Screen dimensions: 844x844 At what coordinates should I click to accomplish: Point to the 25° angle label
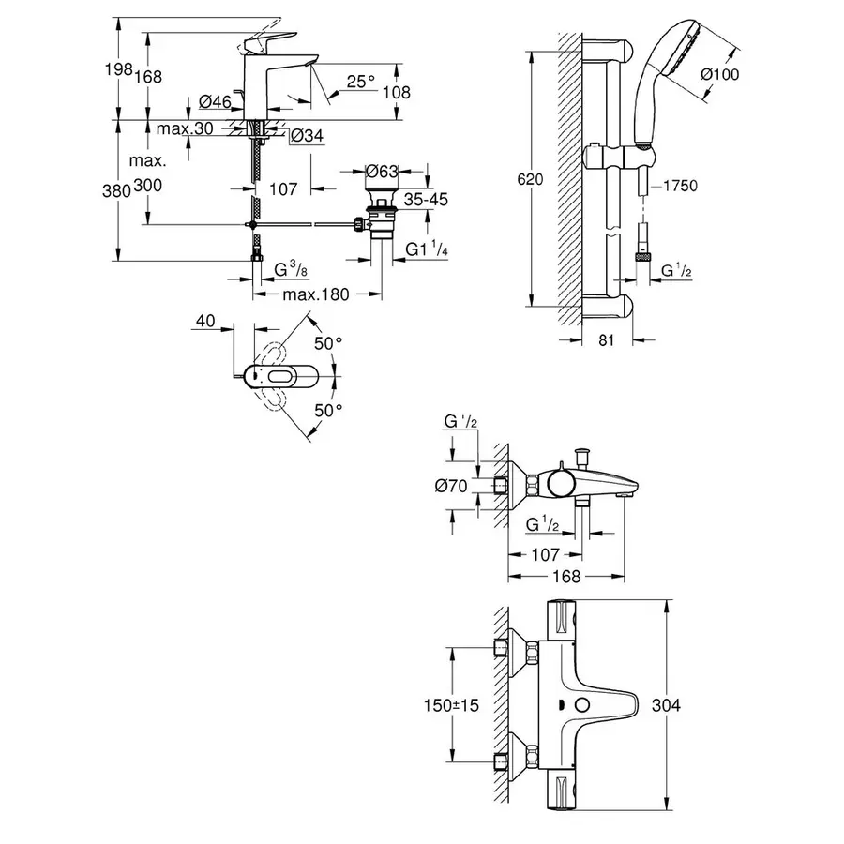pos(361,83)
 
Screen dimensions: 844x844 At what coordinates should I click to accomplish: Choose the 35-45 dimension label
pos(426,199)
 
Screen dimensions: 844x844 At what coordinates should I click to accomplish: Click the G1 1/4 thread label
pos(426,249)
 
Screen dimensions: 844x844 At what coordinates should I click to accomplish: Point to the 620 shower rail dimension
pos(533,180)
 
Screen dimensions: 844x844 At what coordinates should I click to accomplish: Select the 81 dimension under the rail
pos(606,341)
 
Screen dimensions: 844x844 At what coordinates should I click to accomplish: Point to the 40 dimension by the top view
pos(206,322)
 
